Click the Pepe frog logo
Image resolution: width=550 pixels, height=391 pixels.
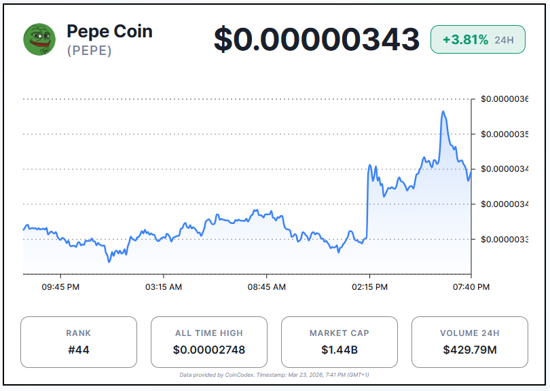pyautogui.click(x=39, y=39)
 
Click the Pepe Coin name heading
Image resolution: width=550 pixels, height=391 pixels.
pyautogui.click(x=109, y=31)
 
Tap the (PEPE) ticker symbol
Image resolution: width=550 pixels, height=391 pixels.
pyautogui.click(x=89, y=51)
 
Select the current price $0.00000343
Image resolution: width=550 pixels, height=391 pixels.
pyautogui.click(x=316, y=39)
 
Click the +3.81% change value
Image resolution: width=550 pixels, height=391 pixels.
pyautogui.click(x=465, y=40)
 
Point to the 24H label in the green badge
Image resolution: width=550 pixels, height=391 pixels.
pyautogui.click(x=504, y=40)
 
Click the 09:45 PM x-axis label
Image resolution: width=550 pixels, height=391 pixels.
pyautogui.click(x=60, y=287)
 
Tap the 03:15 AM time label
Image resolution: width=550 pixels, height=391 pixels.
pyautogui.click(x=164, y=287)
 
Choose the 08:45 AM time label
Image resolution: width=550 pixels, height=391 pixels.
pyautogui.click(x=267, y=287)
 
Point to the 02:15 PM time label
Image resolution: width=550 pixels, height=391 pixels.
pyautogui.click(x=369, y=287)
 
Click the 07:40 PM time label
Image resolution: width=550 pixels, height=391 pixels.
pyautogui.click(x=471, y=287)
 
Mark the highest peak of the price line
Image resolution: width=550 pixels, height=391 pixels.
pyautogui.click(x=443, y=111)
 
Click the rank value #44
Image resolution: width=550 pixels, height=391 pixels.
pyautogui.click(x=78, y=350)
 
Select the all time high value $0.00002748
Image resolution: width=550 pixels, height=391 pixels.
pyautogui.click(x=208, y=350)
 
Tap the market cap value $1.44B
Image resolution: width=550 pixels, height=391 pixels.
pyautogui.click(x=339, y=350)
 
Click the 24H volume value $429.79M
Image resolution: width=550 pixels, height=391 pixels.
pyautogui.click(x=469, y=350)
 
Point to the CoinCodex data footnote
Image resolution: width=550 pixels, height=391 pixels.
pyautogui.click(x=274, y=375)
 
